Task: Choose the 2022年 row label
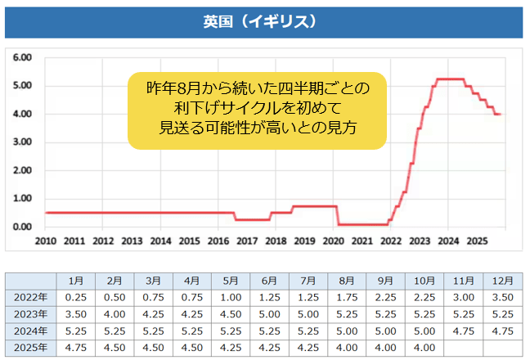(31, 296)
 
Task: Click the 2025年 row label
(31, 346)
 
